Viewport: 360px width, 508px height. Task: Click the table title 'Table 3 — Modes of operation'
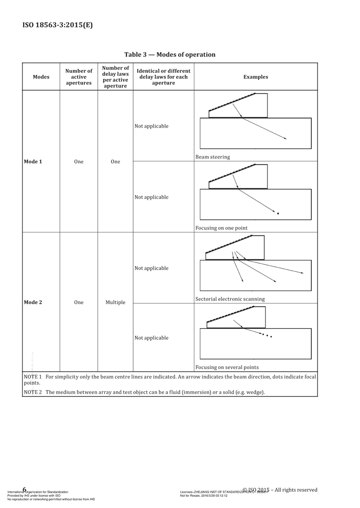click(170, 54)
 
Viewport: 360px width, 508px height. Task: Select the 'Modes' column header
click(41, 77)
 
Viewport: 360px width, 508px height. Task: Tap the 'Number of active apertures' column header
click(79, 77)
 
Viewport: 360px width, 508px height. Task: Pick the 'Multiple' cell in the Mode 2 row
click(115, 303)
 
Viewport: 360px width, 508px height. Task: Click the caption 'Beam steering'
click(213, 157)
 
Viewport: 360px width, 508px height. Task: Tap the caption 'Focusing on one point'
click(221, 227)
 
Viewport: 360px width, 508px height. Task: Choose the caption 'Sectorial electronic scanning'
click(230, 299)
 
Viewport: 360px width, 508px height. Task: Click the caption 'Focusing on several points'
click(227, 366)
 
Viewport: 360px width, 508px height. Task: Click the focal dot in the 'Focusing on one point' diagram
click(279, 213)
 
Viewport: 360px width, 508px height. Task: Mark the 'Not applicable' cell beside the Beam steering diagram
click(151, 126)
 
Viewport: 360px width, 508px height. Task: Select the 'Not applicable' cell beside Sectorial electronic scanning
click(151, 268)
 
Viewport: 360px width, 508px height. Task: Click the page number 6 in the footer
click(24, 490)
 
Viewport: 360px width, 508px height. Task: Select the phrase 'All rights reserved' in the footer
click(297, 490)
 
